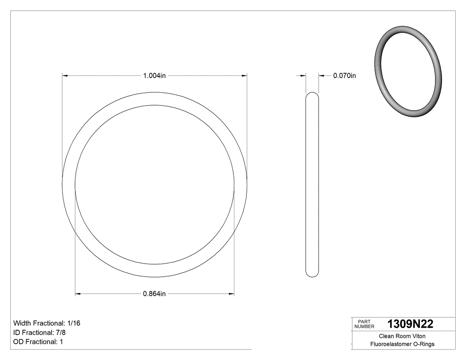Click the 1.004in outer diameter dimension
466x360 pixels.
[x=154, y=76]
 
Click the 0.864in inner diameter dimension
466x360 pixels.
[x=154, y=293]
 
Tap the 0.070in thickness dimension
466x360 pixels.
[x=344, y=76]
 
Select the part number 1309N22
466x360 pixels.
[x=410, y=324]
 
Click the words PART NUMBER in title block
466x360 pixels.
[x=364, y=324]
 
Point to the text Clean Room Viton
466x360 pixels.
[x=402, y=336]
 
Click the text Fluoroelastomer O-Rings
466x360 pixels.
[x=402, y=344]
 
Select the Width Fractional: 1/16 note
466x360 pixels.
[x=47, y=323]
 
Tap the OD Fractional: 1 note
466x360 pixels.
[x=38, y=342]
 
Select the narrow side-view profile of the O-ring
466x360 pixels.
[x=312, y=184]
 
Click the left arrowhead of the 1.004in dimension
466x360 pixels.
[x=65, y=76]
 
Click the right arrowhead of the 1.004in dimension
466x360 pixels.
[x=245, y=76]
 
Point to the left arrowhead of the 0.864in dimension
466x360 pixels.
[x=78, y=293]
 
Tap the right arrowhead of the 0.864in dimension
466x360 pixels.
[x=232, y=293]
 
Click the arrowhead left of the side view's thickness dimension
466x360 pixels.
[x=304, y=76]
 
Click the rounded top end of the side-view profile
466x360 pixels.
[x=312, y=95]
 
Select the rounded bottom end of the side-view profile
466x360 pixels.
[x=312, y=274]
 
